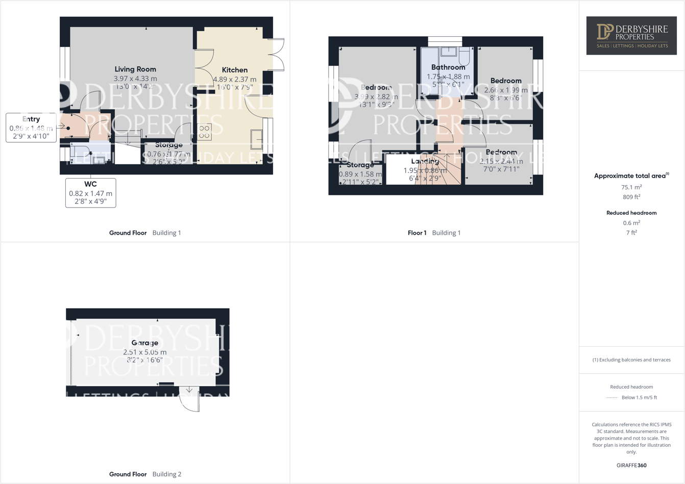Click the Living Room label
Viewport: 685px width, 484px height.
(135, 69)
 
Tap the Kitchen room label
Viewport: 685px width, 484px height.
(235, 70)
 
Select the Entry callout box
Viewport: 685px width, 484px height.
(31, 128)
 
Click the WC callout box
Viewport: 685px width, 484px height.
(90, 193)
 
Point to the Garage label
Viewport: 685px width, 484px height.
(144, 343)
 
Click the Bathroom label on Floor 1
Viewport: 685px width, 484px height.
(448, 67)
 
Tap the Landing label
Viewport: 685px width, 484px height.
(425, 162)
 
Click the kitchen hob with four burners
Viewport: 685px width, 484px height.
(204, 132)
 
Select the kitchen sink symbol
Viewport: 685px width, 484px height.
(257, 139)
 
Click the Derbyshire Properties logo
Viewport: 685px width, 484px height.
(631, 35)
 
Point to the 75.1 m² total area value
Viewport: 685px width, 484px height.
(631, 187)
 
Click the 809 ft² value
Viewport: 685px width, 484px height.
(631, 197)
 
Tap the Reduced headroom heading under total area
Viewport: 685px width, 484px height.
(631, 213)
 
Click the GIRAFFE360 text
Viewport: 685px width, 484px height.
(631, 465)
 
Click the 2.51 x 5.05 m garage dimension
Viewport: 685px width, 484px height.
(144, 352)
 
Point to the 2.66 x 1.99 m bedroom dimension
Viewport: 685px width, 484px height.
(506, 90)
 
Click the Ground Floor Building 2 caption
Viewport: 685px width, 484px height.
(145, 474)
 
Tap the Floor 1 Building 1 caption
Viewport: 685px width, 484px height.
(434, 233)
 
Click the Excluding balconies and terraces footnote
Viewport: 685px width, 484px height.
(631, 360)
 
